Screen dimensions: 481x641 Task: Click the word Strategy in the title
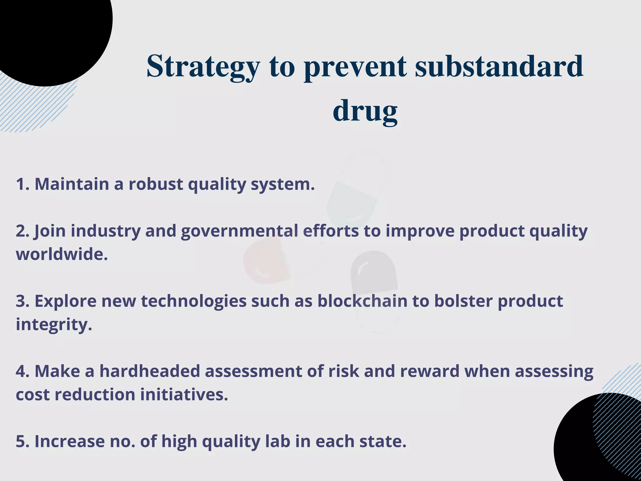203,66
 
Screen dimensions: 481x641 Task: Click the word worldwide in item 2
62,254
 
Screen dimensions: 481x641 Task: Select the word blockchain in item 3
362,301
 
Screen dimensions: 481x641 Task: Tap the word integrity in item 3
54,324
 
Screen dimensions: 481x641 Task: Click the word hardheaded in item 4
149,371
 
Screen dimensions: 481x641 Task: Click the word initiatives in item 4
184,394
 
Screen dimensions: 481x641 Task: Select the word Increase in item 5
69,441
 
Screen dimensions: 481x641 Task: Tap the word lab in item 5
278,441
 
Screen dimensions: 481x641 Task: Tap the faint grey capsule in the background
374,282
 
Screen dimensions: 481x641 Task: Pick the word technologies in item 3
193,301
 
